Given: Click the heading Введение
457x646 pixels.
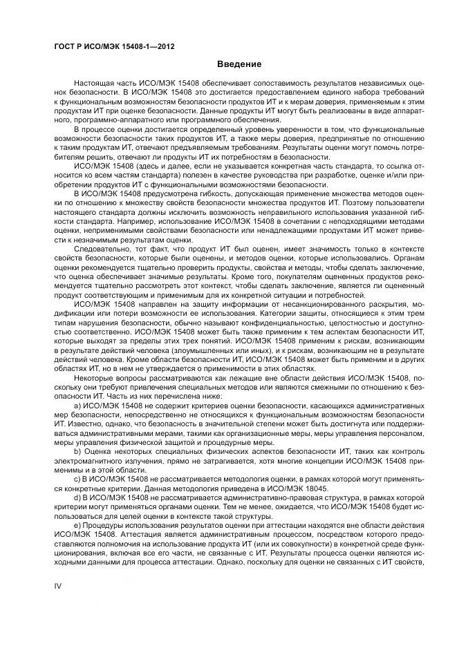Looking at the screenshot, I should click(x=239, y=64).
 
